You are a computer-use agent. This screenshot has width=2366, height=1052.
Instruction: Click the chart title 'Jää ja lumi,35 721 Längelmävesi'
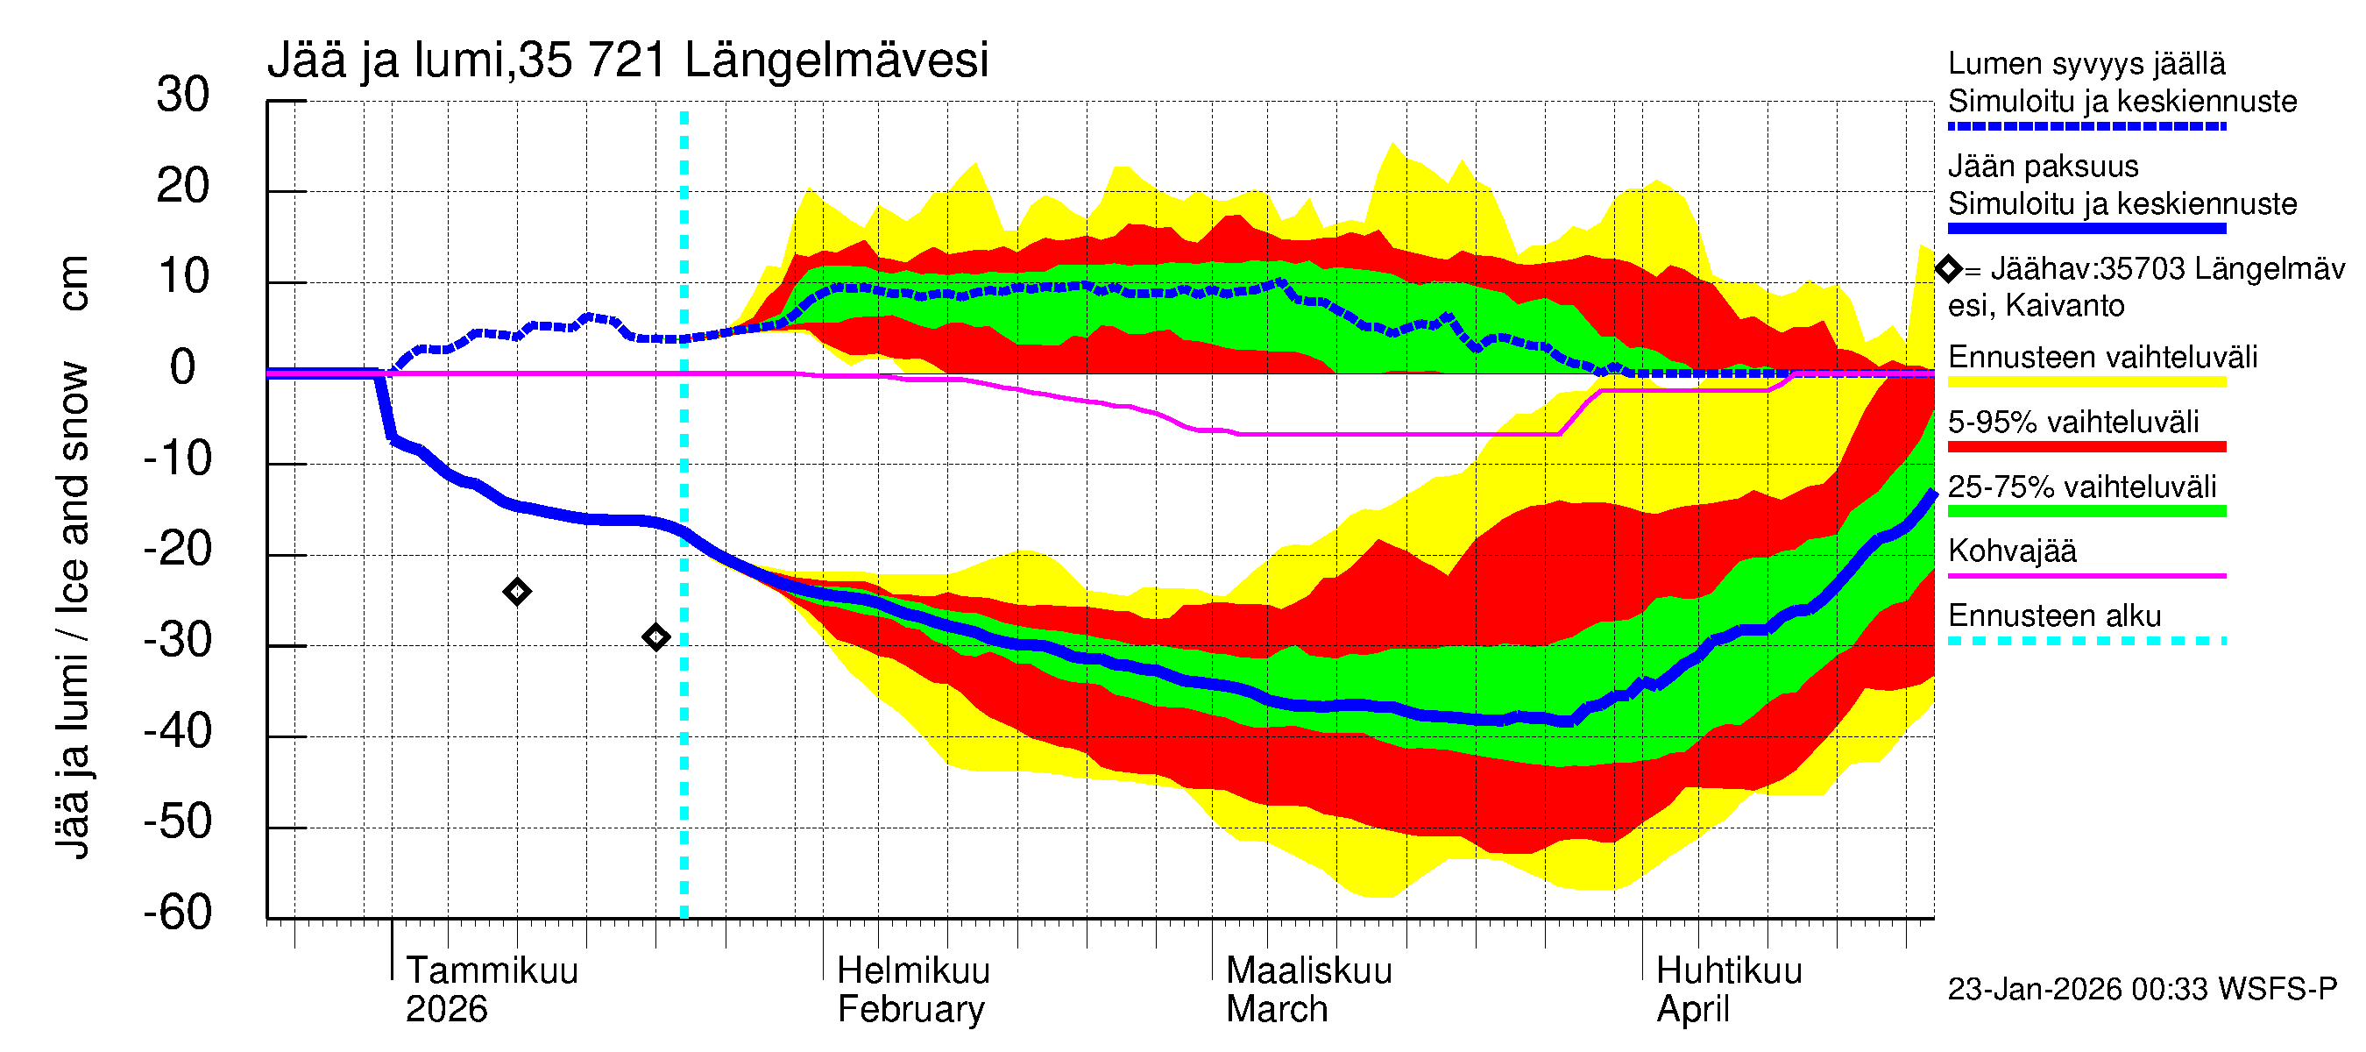(x=627, y=60)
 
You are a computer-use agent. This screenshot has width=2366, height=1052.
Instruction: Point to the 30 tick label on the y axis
(x=183, y=95)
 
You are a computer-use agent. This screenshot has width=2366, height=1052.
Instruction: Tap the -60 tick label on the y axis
(x=177, y=913)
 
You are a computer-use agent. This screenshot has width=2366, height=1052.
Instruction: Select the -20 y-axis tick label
(x=177, y=550)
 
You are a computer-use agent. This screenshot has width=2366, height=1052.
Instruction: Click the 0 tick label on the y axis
(x=183, y=367)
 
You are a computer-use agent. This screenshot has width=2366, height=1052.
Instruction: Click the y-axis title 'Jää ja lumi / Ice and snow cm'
(x=72, y=557)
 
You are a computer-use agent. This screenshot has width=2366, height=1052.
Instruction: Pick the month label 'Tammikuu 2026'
(x=492, y=990)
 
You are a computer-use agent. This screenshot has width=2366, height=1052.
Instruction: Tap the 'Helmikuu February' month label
(x=913, y=990)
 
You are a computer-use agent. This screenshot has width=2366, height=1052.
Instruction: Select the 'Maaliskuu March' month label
(x=1308, y=990)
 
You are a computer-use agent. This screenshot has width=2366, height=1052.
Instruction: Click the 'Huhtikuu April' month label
(x=1729, y=990)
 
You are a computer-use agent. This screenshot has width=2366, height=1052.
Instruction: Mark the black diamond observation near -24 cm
(x=517, y=592)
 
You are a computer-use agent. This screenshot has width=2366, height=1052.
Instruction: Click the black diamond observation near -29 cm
(x=655, y=636)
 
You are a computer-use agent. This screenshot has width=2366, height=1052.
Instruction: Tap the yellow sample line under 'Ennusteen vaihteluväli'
(x=2086, y=382)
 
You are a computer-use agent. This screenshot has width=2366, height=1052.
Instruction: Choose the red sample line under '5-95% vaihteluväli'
(x=2086, y=446)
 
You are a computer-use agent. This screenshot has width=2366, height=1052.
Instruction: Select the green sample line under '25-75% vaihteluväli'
(x=2086, y=512)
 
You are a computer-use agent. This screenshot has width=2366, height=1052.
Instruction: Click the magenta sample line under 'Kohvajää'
(x=2086, y=576)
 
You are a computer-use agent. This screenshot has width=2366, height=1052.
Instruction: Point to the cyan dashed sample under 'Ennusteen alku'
(x=2086, y=640)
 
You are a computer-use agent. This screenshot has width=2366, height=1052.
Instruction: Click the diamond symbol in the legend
(x=1948, y=269)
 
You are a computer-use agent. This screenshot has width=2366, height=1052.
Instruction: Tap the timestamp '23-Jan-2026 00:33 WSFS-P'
(x=2142, y=989)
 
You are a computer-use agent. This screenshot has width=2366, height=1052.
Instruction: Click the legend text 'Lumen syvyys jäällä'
(x=2086, y=63)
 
